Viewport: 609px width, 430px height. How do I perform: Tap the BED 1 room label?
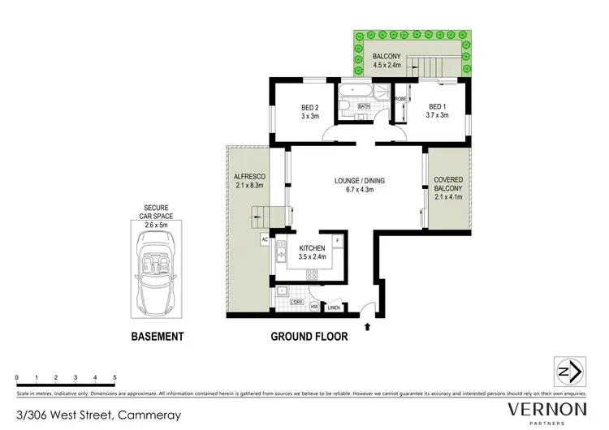[x=438, y=111]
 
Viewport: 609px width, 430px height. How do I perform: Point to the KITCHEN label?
[x=312, y=252]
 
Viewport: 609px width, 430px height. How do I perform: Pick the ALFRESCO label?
[x=246, y=181]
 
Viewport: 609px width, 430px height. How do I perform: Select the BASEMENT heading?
[x=157, y=336]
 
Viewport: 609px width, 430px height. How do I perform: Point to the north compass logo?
[x=568, y=372]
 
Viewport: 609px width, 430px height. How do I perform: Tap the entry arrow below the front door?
[x=368, y=326]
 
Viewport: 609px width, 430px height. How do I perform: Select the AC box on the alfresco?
[x=265, y=239]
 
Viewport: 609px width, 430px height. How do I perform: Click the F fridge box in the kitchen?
[x=336, y=241]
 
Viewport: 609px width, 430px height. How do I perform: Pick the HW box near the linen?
[x=314, y=307]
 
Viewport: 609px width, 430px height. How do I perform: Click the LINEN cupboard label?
[x=334, y=307]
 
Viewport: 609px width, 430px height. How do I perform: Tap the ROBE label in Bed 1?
[x=400, y=99]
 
